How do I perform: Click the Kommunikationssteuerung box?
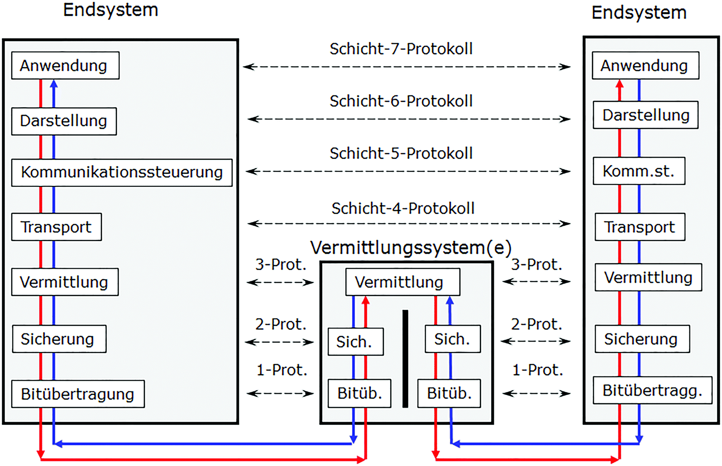click(x=122, y=172)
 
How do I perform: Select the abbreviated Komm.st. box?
click(x=639, y=171)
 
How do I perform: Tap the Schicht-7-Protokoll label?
click(x=401, y=49)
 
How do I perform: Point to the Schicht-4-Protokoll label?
click(x=403, y=209)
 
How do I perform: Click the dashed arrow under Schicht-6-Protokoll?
click(x=409, y=119)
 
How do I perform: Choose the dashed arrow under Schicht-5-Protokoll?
click(x=408, y=171)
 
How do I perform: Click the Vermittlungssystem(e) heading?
click(x=411, y=248)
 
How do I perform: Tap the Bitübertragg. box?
click(x=652, y=390)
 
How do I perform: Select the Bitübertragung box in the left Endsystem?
click(x=78, y=394)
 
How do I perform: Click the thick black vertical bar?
click(x=405, y=359)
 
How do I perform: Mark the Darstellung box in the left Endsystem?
click(x=64, y=121)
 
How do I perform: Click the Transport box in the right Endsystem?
click(x=639, y=227)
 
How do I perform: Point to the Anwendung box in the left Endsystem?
click(x=65, y=66)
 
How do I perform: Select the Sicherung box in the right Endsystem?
click(x=642, y=339)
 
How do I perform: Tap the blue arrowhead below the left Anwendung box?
click(x=54, y=84)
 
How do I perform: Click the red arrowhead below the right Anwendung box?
click(x=620, y=84)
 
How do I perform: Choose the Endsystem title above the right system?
click(x=639, y=13)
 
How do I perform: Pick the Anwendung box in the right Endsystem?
click(x=645, y=66)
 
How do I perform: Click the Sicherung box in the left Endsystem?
click(x=59, y=339)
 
